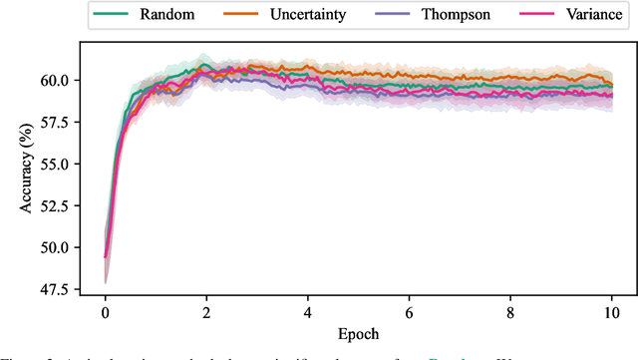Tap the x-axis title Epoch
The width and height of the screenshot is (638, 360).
click(358, 334)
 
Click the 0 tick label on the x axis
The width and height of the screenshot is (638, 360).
click(105, 312)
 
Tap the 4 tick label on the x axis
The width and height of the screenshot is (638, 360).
click(308, 312)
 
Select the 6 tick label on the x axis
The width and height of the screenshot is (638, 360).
click(410, 312)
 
